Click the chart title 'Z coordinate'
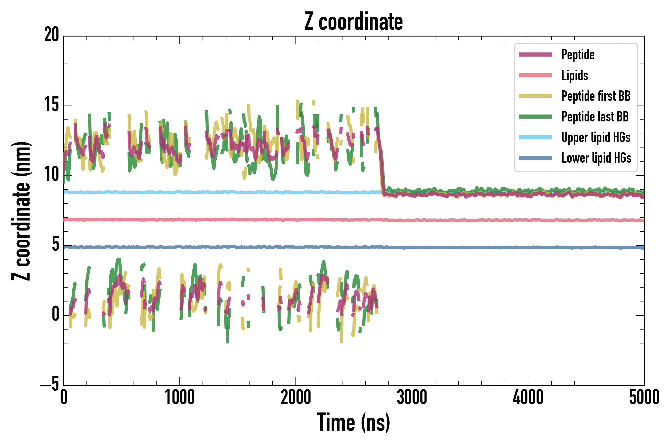tap(353, 22)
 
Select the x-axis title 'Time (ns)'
tap(353, 422)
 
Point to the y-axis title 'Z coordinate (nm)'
tap(21, 211)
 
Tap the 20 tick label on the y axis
tap(52, 35)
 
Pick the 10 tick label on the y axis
tap(52, 175)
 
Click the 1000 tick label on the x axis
tap(180, 398)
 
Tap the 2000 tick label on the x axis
tap(296, 398)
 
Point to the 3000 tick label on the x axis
tap(412, 398)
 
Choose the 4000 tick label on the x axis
tap(528, 398)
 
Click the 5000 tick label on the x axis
tap(644, 398)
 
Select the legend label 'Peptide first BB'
tap(596, 96)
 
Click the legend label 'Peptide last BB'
tap(595, 117)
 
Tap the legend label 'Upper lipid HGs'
tap(596, 137)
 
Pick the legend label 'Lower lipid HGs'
tap(596, 158)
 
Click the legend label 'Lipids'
tap(575, 75)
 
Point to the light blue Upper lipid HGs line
tap(228, 192)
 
